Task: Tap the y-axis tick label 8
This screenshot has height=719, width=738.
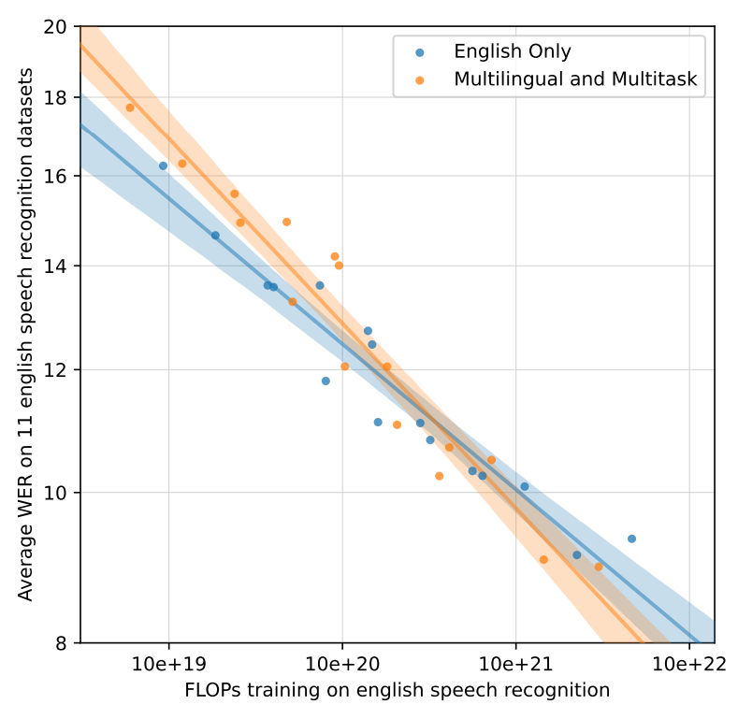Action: pyautogui.click(x=60, y=643)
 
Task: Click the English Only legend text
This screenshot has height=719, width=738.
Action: pyautogui.click(x=512, y=52)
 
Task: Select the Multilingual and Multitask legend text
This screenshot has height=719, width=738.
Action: pyautogui.click(x=575, y=80)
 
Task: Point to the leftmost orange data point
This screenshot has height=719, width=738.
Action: pyautogui.click(x=130, y=108)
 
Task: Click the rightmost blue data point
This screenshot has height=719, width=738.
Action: pyautogui.click(x=631, y=539)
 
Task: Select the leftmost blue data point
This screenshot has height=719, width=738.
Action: pyautogui.click(x=163, y=165)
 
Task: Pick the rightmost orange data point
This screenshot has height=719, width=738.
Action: pyautogui.click(x=599, y=567)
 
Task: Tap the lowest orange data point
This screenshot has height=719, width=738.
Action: pyautogui.click(x=599, y=567)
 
